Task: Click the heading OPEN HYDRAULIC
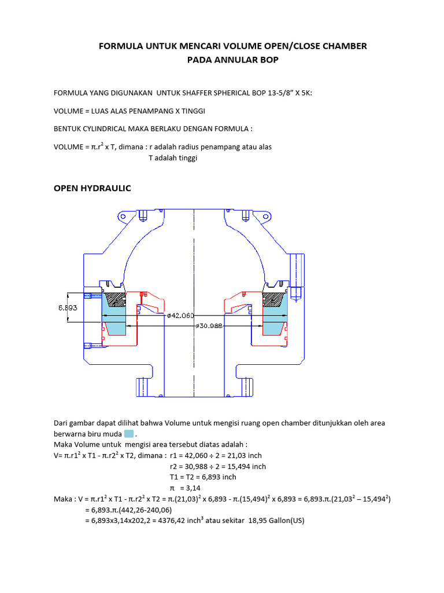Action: pos(92,188)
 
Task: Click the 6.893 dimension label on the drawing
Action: pos(68,308)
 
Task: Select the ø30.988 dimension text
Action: pos(209,327)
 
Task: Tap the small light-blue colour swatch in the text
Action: pos(129,434)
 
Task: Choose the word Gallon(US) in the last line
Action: pos(283,521)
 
